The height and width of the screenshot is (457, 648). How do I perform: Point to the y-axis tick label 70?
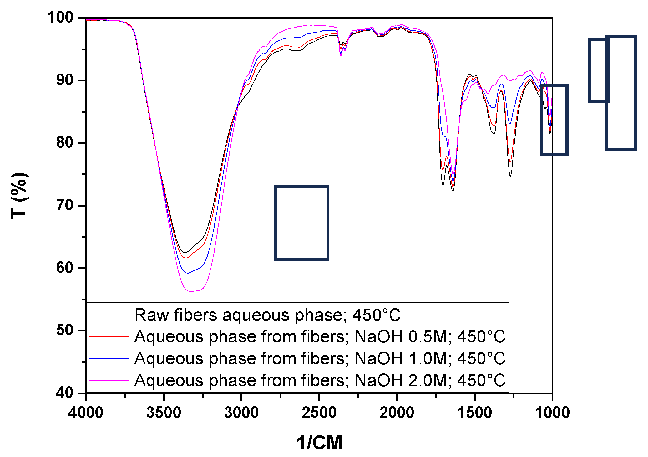click(64, 205)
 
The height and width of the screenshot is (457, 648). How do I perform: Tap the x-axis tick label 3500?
click(164, 412)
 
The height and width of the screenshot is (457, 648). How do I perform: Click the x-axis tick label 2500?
click(319, 412)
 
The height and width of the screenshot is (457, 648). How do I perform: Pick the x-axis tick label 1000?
click(552, 412)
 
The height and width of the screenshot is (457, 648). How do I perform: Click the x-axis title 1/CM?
click(319, 443)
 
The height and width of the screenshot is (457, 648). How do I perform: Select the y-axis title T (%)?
click(19, 195)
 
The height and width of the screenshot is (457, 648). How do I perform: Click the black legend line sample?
click(109, 315)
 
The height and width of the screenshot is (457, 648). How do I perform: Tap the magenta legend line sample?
click(109, 380)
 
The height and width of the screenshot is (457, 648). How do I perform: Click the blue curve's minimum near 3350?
click(187, 273)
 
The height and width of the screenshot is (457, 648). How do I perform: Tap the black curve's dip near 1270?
click(510, 176)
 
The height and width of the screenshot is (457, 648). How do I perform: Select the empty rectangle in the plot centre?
click(301, 223)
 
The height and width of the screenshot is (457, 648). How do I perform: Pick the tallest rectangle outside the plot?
click(621, 93)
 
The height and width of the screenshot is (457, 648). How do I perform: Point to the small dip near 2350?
click(341, 55)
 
